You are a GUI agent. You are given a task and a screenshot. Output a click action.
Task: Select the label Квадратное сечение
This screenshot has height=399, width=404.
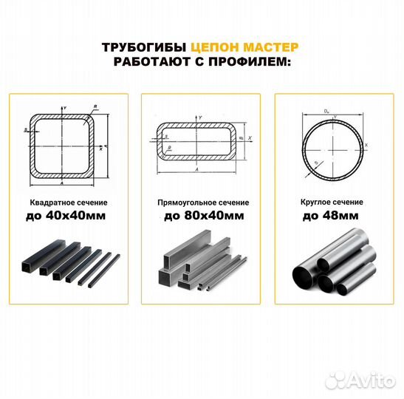[67, 202]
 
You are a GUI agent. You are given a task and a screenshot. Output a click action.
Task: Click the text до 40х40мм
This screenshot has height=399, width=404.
[67, 216]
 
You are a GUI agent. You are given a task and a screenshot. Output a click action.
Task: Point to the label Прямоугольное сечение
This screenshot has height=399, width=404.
[202, 202]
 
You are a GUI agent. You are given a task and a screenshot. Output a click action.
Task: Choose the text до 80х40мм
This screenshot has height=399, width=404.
[202, 216]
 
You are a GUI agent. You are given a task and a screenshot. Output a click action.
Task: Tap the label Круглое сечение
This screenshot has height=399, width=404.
[332, 202]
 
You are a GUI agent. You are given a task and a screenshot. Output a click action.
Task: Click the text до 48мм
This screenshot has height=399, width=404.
[332, 216]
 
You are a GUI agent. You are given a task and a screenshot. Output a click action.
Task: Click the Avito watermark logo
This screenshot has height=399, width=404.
[361, 379]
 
